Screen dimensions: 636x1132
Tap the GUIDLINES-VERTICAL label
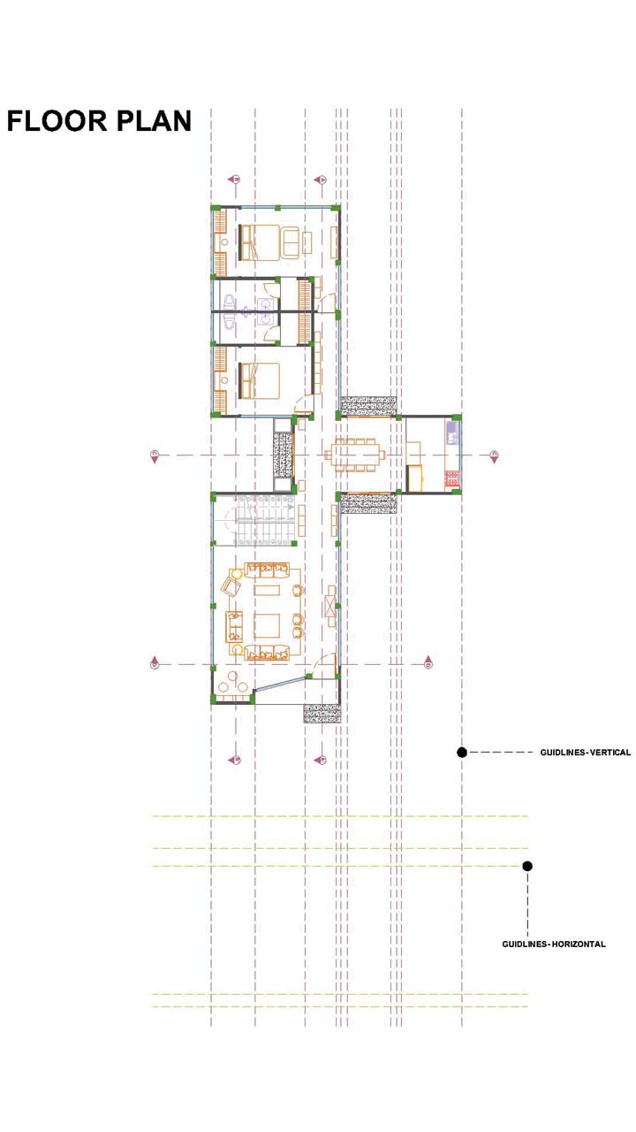(x=585, y=753)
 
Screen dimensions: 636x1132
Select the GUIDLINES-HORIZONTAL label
(x=554, y=944)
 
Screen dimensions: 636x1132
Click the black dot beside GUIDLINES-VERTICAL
(x=462, y=753)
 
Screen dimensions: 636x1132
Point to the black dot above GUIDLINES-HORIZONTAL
(x=527, y=866)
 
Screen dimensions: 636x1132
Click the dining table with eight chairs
(x=355, y=455)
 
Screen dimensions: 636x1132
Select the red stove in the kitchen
(x=452, y=478)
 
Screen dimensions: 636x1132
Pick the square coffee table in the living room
(x=267, y=626)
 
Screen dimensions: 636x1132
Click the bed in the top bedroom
(x=259, y=242)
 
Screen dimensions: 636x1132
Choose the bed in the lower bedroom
(x=259, y=380)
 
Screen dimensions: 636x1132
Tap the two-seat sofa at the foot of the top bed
(x=291, y=242)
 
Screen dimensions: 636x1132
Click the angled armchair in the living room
(x=232, y=587)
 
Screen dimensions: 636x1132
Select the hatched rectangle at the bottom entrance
(x=323, y=713)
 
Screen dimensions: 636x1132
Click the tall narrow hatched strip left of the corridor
(x=284, y=455)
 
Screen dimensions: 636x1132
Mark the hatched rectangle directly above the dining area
(x=369, y=406)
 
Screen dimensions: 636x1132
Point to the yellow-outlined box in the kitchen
(x=415, y=478)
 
